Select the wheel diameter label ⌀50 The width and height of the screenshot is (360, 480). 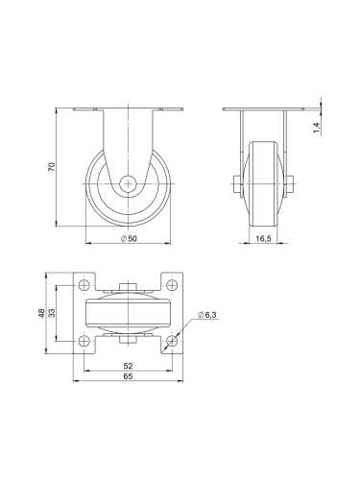pos(131,237)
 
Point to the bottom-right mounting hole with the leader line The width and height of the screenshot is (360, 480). pos(173,341)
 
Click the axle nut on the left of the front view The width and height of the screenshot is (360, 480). pos(233,182)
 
